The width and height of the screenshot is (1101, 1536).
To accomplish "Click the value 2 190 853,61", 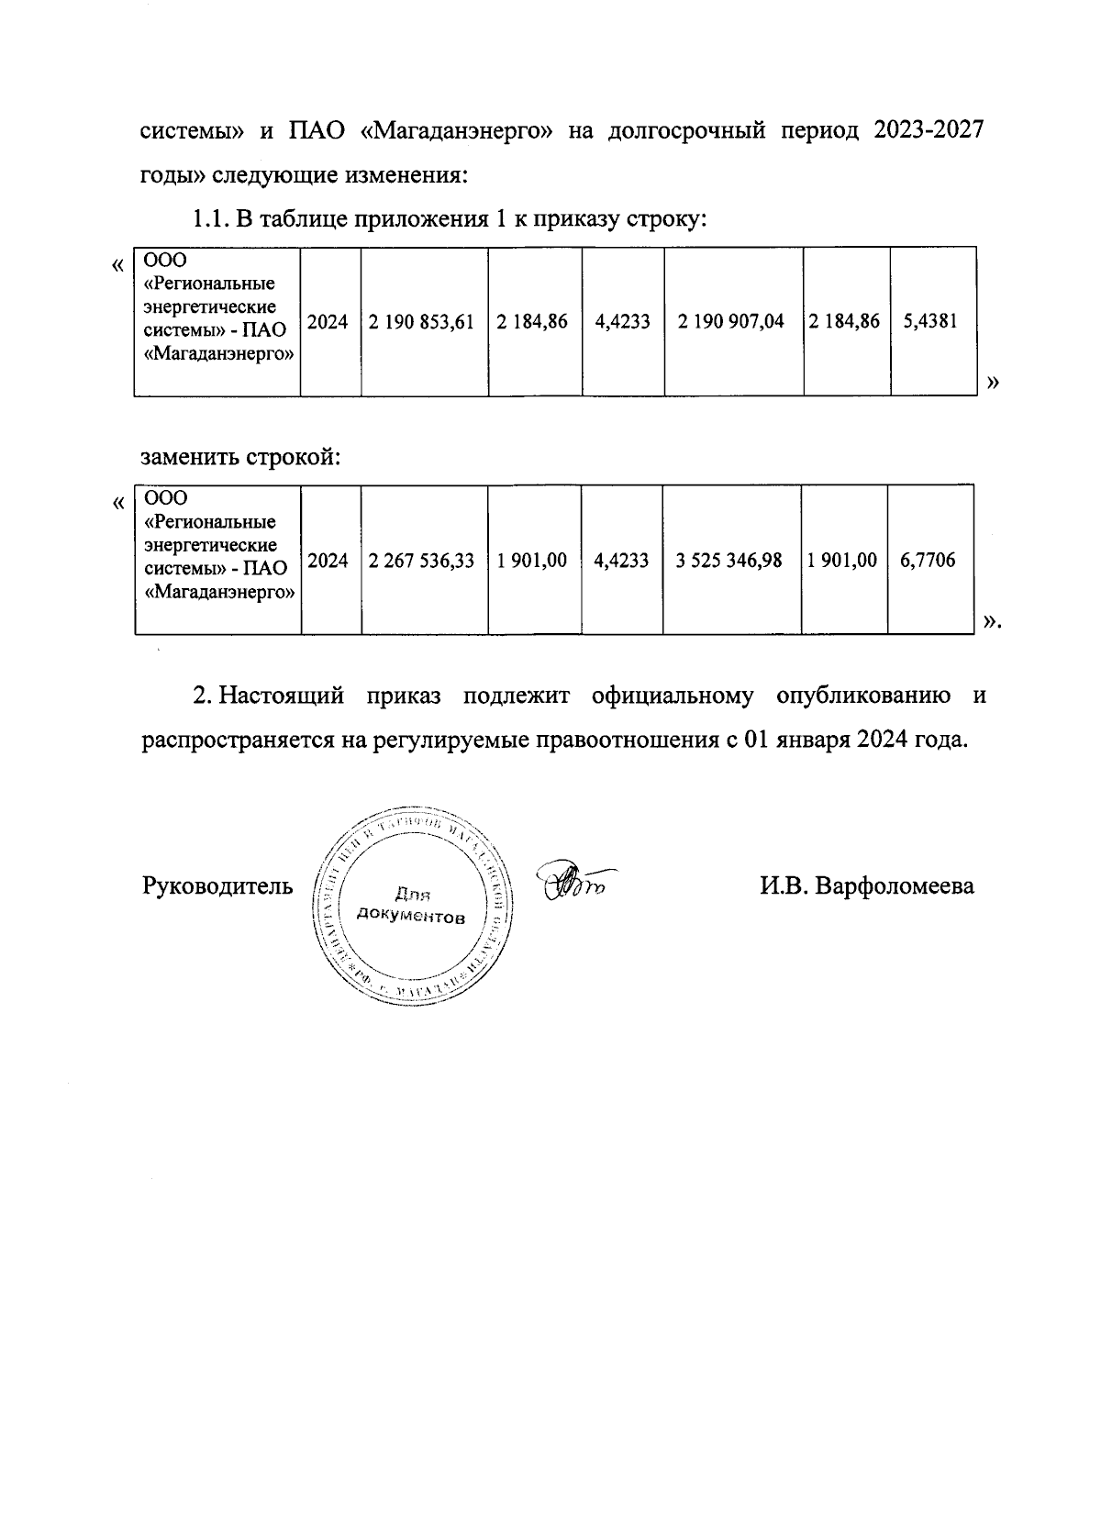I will coord(421,321).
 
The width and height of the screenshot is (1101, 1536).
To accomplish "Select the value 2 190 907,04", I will coord(730,321).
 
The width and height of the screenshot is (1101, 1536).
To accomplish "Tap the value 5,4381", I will coord(930,321).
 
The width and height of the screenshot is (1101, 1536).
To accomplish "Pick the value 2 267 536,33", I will coord(421,560).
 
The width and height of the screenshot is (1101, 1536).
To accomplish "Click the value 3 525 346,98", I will coord(728,560).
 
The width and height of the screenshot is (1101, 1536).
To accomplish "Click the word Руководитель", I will coord(217,886).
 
